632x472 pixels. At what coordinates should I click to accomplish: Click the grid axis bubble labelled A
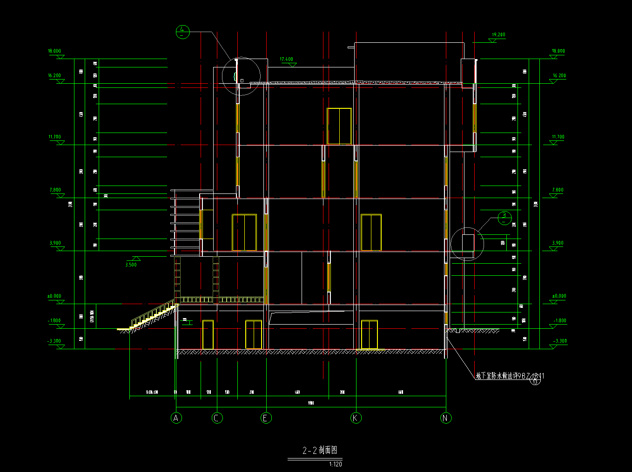[176, 418]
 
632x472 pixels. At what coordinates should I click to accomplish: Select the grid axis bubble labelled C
[217, 418]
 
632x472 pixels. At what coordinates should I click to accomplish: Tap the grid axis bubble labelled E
[266, 418]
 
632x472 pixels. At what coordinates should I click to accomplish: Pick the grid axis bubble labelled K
[356, 418]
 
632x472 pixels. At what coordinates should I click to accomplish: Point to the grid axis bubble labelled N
[446, 418]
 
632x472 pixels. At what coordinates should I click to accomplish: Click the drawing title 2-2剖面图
[320, 450]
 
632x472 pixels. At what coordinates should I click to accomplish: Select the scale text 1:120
[335, 464]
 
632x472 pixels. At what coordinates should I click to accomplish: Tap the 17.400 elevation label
[287, 60]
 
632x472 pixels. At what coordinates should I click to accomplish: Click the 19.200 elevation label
[498, 35]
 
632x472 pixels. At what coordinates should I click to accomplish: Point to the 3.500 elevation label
[131, 265]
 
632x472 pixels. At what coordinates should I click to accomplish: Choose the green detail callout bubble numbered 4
[182, 32]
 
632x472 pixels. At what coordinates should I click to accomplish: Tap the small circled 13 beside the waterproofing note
[536, 382]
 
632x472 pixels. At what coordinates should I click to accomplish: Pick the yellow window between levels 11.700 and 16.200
[339, 126]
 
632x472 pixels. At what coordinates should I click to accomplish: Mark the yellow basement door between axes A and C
[208, 334]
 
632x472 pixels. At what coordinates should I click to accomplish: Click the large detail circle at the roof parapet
[241, 76]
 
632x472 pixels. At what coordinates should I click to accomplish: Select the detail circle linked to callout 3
[467, 244]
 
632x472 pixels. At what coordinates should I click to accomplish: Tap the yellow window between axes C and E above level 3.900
[244, 233]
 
